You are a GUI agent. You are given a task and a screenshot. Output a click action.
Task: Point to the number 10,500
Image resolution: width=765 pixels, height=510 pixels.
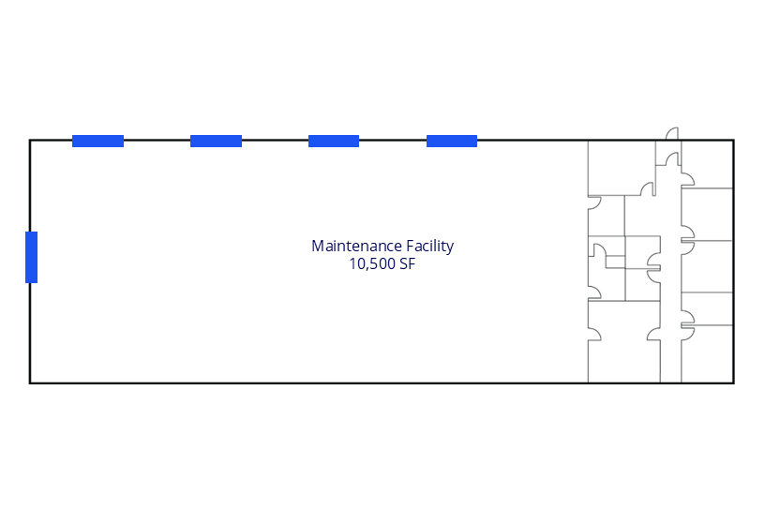[372, 264]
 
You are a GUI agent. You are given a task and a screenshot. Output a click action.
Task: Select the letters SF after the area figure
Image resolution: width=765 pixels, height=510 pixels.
[408, 264]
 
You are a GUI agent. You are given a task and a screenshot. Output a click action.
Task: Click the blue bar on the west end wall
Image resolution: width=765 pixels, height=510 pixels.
[31, 257]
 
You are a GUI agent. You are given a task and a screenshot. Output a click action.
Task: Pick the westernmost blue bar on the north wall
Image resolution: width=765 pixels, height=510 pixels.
[97, 141]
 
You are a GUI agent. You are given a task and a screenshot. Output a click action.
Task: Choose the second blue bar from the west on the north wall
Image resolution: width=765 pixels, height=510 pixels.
[216, 141]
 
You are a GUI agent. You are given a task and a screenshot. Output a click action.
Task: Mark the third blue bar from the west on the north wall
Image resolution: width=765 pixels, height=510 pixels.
[334, 141]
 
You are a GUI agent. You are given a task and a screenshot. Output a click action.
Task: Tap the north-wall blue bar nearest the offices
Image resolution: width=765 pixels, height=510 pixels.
[452, 141]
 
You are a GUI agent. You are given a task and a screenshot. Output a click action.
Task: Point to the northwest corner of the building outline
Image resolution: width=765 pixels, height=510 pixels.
[30, 141]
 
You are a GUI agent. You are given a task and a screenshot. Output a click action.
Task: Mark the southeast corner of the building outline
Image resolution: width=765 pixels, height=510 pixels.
[734, 383]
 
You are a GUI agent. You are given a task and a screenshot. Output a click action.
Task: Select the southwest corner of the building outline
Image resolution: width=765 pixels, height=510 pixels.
[30, 383]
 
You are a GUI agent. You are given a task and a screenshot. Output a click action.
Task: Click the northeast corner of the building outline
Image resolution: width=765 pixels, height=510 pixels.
[734, 141]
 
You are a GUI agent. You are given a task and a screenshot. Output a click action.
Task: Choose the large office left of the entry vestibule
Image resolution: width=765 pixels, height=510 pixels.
[622, 169]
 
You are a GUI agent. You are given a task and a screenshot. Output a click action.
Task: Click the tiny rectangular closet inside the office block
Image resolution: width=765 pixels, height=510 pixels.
[615, 262]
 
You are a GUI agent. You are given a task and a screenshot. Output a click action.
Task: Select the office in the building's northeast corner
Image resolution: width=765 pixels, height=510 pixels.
[708, 164]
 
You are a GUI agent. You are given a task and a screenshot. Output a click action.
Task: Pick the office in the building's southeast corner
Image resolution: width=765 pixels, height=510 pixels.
[708, 353]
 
